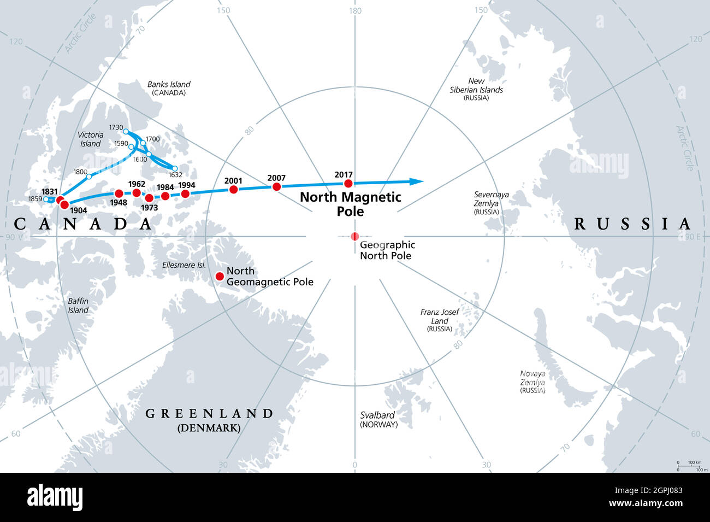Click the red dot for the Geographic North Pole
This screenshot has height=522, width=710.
coord(355,236)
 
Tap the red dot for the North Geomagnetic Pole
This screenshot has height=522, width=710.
coord(220,276)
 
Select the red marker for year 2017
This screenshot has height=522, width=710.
coord(348,184)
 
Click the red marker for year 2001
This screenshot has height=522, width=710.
coord(234,190)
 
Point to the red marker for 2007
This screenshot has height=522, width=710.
coord(276,187)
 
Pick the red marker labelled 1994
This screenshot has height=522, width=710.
coord(185,194)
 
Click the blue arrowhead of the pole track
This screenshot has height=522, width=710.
coord(417,181)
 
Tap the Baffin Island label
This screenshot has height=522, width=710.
coord(78,306)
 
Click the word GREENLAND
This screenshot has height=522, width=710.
coord(209,414)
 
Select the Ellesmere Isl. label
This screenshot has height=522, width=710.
coord(184,265)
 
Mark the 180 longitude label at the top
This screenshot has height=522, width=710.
coord(355,10)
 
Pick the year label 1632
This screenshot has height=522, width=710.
coord(175,175)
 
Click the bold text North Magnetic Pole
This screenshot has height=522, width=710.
coord(351,204)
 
